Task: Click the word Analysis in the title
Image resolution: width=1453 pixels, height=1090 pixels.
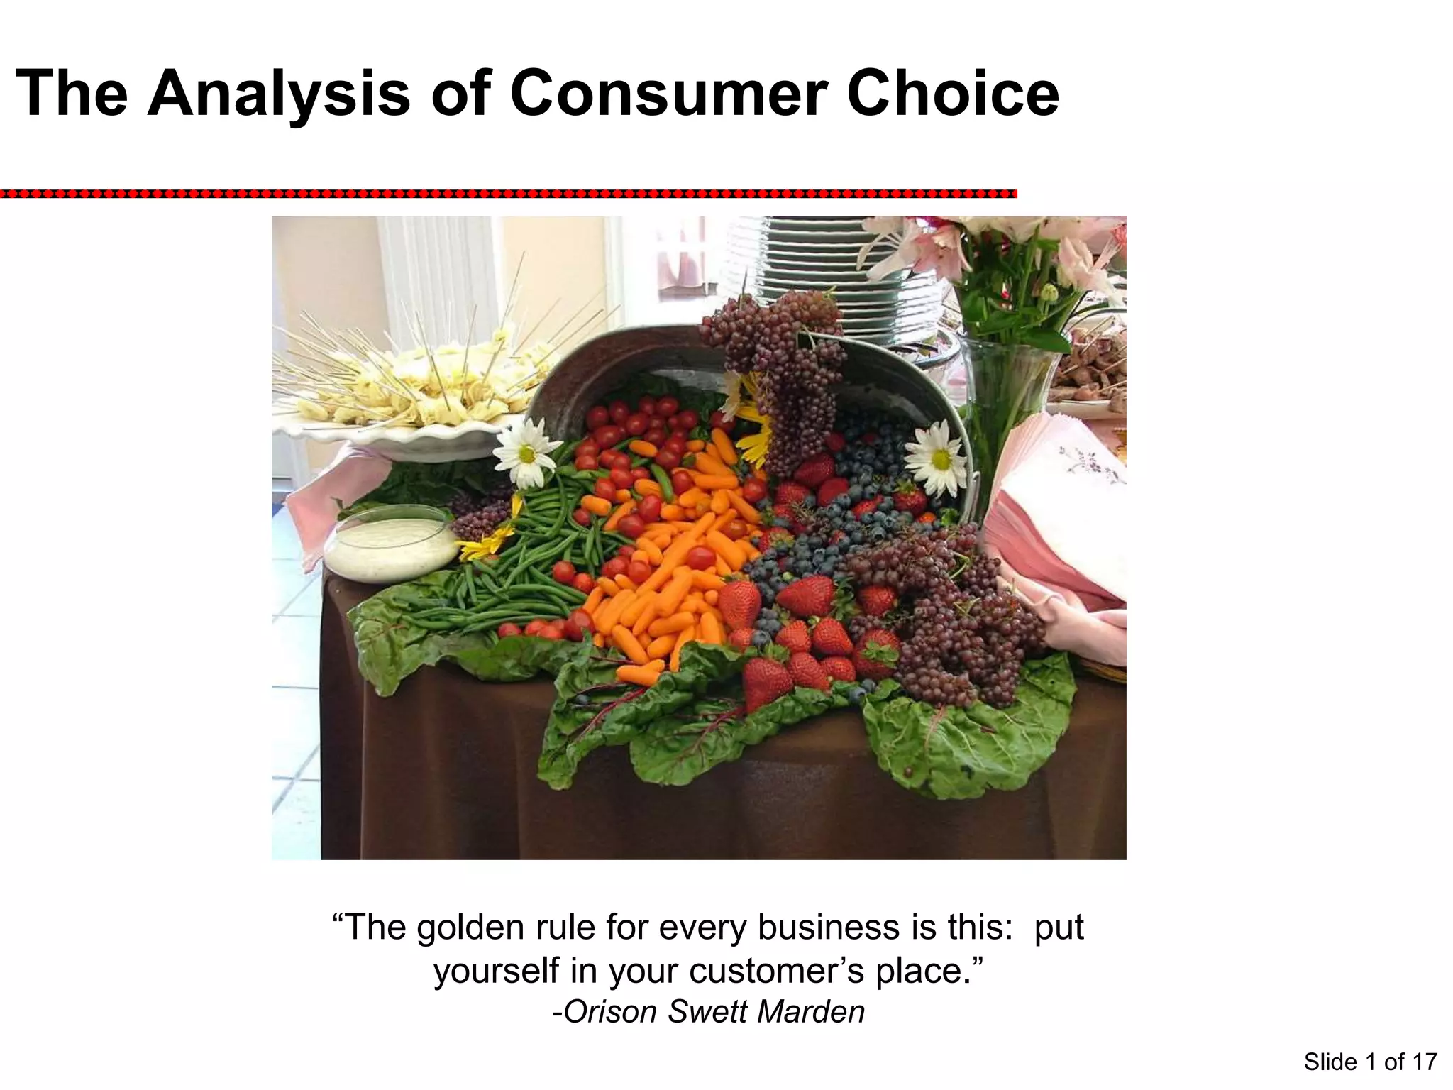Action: (x=279, y=94)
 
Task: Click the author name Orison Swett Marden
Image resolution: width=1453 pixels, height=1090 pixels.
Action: (x=708, y=1012)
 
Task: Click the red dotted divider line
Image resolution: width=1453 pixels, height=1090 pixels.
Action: (x=507, y=193)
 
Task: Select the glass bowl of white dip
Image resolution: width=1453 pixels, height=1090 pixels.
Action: (x=390, y=543)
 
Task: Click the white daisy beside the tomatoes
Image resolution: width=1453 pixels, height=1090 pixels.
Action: (x=526, y=452)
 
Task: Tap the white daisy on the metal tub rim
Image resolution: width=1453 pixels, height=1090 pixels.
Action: (x=938, y=458)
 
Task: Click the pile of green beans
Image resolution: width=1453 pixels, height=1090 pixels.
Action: (x=518, y=568)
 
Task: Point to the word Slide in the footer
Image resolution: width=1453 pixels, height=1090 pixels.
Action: (x=1330, y=1062)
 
